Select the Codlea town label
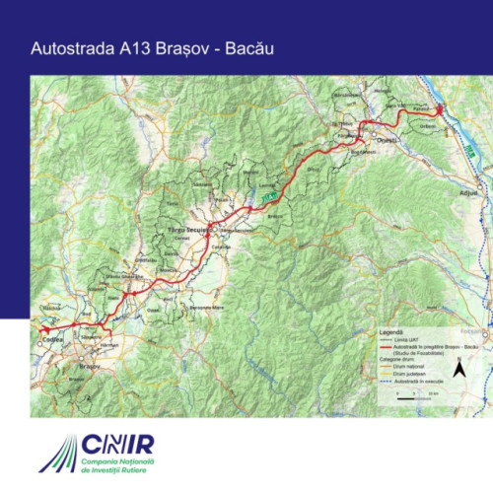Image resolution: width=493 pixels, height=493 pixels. [51, 339]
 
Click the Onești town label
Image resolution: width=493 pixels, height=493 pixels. [386, 140]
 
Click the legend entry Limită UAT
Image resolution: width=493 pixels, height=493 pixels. [405, 340]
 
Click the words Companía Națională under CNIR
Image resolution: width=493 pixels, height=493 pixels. [136, 463]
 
